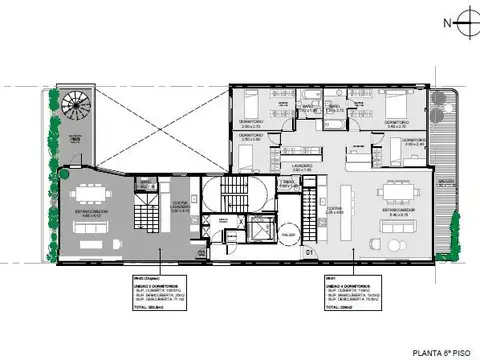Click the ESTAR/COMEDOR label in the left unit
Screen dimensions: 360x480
coord(87,212)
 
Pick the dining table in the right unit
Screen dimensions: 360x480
coord(397,190)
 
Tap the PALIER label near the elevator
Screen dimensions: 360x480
coord(289,236)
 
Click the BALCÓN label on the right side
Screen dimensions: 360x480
coord(445,183)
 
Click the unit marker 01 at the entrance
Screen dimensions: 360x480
coord(309,251)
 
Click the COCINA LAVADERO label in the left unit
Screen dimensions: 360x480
coord(181,209)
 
